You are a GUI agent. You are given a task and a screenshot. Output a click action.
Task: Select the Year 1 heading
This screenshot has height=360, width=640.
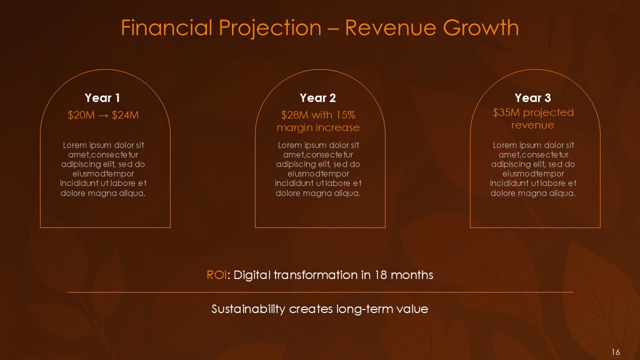[x=102, y=98]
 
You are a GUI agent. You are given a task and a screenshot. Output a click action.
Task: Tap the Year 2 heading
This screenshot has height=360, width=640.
[x=317, y=98]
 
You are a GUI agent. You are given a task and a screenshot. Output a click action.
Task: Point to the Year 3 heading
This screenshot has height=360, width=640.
[x=533, y=98]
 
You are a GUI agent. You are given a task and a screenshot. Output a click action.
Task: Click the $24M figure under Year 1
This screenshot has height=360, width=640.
[x=125, y=115]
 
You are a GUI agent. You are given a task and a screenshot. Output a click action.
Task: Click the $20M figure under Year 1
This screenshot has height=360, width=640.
[x=81, y=115]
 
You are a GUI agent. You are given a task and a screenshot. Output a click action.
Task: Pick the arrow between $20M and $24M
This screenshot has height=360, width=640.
[x=103, y=115]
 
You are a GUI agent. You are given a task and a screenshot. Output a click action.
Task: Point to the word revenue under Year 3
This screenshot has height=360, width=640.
[x=532, y=125]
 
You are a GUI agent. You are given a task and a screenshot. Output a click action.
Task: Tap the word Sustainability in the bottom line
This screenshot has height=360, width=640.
[x=248, y=309]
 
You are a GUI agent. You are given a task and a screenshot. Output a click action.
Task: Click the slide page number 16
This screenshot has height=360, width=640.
[x=615, y=352]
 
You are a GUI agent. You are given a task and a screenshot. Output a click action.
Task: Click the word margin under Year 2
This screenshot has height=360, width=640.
[x=296, y=127]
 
